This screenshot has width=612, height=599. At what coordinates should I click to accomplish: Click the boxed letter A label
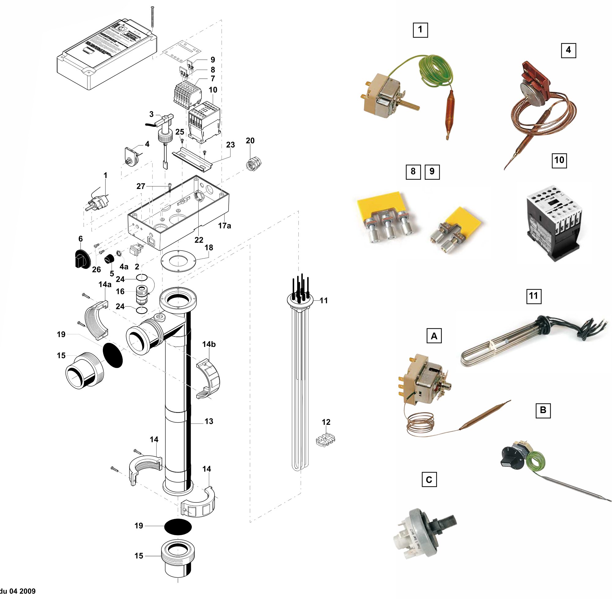click(x=434, y=336)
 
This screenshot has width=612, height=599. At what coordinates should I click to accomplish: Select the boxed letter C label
click(x=429, y=480)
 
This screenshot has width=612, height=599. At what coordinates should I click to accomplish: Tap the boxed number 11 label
click(x=534, y=296)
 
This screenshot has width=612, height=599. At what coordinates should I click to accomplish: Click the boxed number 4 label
click(x=568, y=50)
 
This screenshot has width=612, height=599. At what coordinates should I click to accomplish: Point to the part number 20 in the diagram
click(x=250, y=141)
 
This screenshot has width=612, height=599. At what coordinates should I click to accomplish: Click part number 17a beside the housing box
click(x=225, y=226)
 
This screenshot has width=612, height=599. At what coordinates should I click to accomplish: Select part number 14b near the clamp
click(x=209, y=344)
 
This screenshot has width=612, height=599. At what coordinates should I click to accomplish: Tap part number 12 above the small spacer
click(x=326, y=422)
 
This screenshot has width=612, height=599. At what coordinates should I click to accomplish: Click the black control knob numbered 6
click(x=81, y=258)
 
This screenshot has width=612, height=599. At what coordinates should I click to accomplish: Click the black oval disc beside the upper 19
click(x=113, y=355)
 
